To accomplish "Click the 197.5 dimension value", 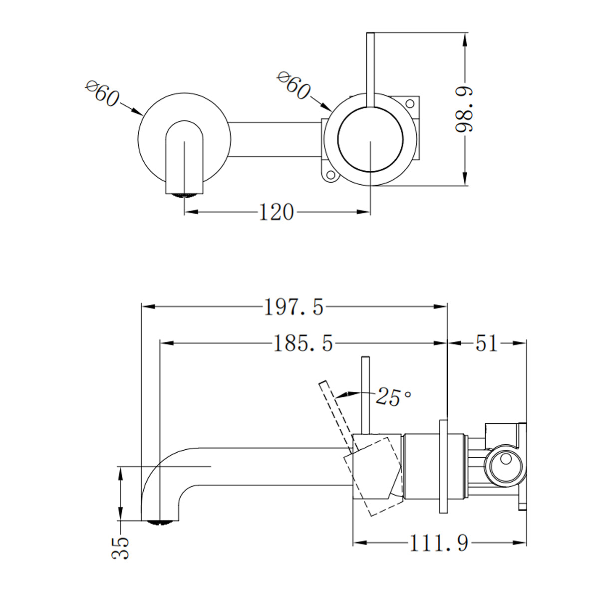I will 294,307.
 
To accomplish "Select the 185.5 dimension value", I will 302,343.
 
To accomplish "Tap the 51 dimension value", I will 486,343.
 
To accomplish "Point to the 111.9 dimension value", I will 439,543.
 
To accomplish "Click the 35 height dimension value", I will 121,548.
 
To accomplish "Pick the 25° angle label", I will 393,396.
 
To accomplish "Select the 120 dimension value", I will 276,213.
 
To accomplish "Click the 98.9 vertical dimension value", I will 465,109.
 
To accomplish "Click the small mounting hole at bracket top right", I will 410,104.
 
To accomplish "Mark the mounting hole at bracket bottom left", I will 329,176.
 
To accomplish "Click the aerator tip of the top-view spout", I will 184,195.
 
